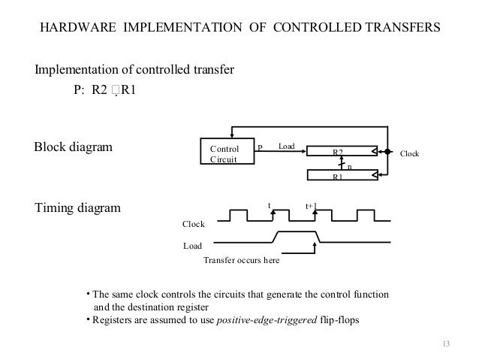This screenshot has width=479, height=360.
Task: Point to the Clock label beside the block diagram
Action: (410, 153)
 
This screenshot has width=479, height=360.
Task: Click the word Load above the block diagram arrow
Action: (286, 145)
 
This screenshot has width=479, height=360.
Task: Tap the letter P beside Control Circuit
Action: (260, 146)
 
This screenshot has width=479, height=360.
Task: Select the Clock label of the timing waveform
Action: (194, 224)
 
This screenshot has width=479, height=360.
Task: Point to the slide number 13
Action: (449, 344)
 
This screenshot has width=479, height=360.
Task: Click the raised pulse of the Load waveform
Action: (297, 234)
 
